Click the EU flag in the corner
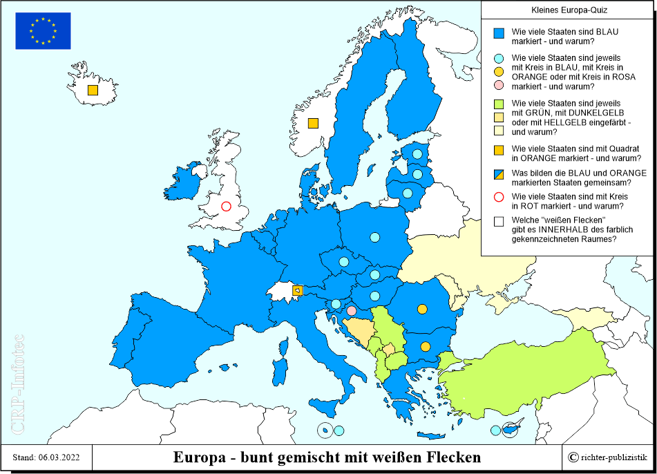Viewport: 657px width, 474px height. point(43,31)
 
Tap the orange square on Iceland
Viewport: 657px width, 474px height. point(93,90)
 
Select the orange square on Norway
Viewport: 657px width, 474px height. point(313,124)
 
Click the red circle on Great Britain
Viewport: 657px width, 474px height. point(226,206)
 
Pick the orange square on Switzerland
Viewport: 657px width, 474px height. point(297,291)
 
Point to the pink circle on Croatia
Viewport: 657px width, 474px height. point(352,311)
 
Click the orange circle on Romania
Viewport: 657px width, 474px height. point(421,309)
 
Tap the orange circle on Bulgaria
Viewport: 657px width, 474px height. point(426,346)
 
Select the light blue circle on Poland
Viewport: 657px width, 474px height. point(374,238)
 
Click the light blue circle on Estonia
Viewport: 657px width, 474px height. point(417,154)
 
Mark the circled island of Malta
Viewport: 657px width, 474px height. point(325,430)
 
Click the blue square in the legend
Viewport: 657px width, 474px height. point(499,33)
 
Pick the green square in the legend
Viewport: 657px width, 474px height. point(499,104)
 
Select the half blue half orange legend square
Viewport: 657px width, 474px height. point(499,174)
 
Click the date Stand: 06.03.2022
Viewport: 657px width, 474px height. point(46,457)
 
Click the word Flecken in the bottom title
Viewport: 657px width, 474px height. point(452,457)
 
